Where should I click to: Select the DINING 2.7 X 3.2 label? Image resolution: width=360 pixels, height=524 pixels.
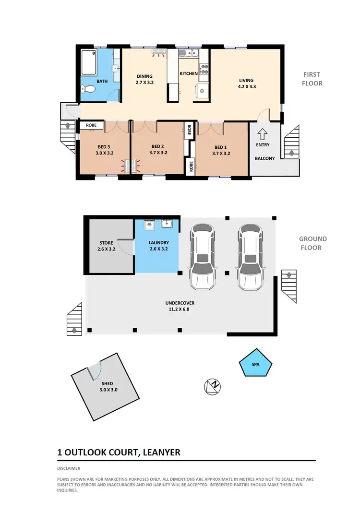point(144,79)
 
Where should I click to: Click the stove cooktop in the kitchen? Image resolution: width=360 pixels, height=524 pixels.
point(204,69)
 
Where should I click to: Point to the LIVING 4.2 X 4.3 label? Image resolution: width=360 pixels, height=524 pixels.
point(247,83)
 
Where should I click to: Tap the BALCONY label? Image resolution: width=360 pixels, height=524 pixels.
point(264,158)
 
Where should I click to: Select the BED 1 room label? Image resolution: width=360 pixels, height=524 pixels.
point(220,150)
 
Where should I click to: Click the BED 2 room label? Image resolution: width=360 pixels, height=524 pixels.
point(158,150)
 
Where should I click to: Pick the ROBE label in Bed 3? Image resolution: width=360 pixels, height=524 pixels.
point(91,125)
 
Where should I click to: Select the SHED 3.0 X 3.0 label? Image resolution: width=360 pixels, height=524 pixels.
point(107,387)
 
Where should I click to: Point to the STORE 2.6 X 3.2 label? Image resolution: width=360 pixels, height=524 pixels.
point(107,246)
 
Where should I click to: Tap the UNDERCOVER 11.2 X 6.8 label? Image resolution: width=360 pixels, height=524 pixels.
point(180,306)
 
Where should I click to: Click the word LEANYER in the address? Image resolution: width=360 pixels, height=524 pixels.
point(161,453)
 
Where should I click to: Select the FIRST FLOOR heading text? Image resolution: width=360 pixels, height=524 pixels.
point(312,79)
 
